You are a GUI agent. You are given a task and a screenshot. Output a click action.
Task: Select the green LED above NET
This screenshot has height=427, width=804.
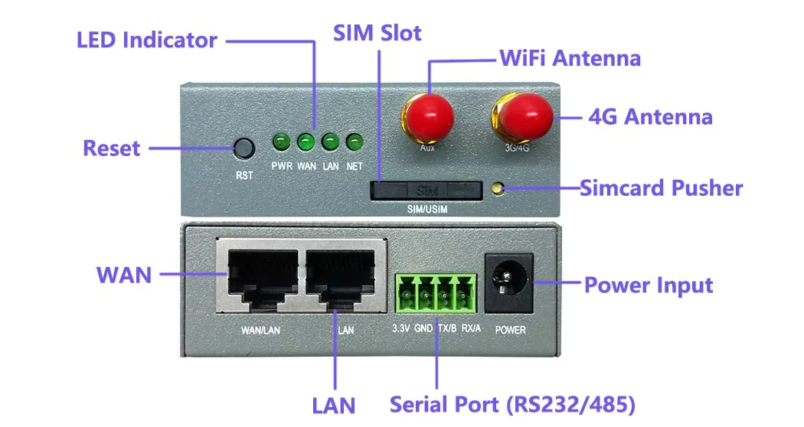point(354,142)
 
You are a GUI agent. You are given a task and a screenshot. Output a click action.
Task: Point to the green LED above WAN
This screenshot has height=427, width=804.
point(306,142)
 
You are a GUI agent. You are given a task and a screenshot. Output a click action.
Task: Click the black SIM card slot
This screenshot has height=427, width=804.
point(427,190)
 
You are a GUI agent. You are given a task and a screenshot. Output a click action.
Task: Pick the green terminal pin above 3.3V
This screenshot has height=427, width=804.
point(404,293)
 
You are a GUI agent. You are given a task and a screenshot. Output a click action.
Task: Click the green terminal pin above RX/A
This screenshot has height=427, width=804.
point(462,293)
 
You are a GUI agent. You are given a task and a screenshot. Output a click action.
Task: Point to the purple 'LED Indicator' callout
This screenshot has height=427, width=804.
point(147,40)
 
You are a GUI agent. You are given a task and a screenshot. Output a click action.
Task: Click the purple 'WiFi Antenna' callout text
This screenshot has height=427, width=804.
point(570,57)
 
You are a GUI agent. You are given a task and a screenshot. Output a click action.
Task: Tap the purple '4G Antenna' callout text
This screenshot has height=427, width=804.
point(650,117)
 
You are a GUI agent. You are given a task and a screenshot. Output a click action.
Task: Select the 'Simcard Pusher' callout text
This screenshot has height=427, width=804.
point(661,187)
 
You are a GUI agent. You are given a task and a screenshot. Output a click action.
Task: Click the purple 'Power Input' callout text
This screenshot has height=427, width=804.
point(649,285)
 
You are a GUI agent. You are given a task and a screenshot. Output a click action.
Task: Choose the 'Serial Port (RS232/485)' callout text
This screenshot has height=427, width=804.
point(513,404)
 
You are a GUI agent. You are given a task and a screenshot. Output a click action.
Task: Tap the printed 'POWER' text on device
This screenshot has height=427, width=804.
point(510,330)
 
